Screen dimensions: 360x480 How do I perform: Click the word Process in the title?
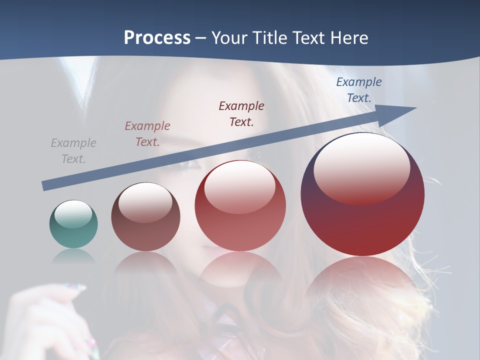[157, 38]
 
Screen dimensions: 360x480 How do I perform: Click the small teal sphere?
[73, 224]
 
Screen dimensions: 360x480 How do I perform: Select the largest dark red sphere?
[362, 195]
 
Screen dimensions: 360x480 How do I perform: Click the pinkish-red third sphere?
[240, 206]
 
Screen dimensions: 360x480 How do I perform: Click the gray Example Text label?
[73, 151]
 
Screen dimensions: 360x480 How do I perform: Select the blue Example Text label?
[358, 90]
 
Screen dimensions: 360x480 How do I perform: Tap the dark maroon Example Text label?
[241, 113]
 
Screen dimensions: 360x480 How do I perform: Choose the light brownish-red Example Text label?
[147, 134]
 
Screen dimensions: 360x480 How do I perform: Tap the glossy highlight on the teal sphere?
[73, 214]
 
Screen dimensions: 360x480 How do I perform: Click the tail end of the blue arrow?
[44, 186]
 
